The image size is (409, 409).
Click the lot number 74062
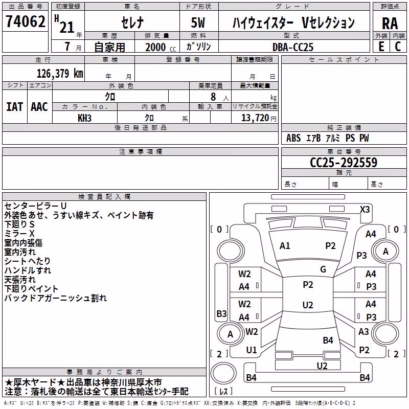(25, 21)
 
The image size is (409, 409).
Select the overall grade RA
(390, 24)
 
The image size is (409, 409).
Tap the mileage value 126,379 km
(60, 74)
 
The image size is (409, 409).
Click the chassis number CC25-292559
(344, 163)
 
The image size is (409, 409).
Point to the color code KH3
(84, 118)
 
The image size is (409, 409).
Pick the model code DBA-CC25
(292, 47)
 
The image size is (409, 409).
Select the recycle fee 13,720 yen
(259, 118)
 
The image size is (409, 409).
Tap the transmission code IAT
(15, 107)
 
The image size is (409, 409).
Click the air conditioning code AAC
(39, 107)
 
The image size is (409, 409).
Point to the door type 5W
(198, 22)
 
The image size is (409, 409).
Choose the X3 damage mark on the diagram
(365, 210)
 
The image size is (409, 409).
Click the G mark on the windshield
(323, 269)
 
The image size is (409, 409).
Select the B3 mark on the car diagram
(221, 313)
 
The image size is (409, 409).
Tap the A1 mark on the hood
(285, 246)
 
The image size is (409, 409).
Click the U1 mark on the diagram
(252, 350)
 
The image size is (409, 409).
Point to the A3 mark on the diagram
(363, 331)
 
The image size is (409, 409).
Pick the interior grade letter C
(398, 47)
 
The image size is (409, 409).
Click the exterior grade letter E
(381, 47)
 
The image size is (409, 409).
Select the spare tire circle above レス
(223, 373)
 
